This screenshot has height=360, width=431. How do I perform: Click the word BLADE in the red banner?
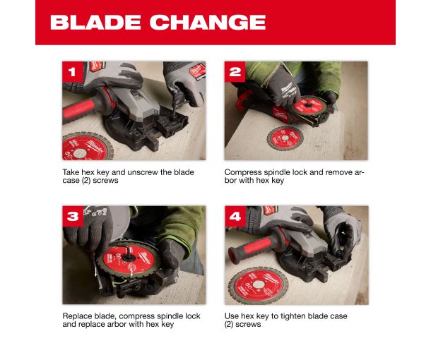pyautogui.click(x=95, y=23)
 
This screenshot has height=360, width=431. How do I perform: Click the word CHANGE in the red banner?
pyautogui.click(x=208, y=23)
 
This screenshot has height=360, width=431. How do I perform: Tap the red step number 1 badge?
pyautogui.click(x=73, y=72)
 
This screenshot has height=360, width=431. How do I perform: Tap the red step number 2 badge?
pyautogui.click(x=235, y=72)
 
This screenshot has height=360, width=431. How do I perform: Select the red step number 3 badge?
pyautogui.click(x=73, y=216)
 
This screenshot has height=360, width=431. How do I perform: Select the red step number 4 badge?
pyautogui.click(x=235, y=216)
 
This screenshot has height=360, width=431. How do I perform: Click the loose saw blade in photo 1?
pyautogui.click(x=87, y=147)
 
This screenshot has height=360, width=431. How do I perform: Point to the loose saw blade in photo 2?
pyautogui.click(x=285, y=138)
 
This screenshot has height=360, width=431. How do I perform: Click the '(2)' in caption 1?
pyautogui.click(x=86, y=181)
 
